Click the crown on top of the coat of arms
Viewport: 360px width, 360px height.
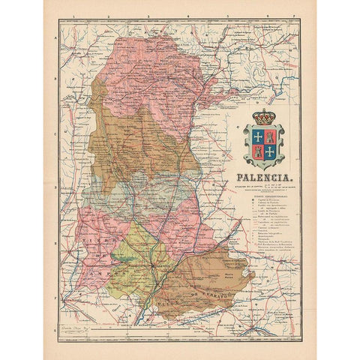(265, 118)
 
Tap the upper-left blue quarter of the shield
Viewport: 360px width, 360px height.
(259, 136)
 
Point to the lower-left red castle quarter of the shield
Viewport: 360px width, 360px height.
(259, 151)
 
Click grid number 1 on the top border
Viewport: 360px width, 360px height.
(75, 14)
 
